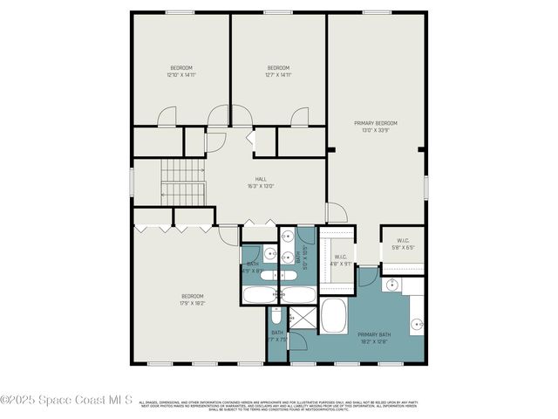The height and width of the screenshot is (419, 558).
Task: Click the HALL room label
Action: (x=261, y=182)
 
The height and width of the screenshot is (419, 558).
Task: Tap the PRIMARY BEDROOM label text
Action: (x=375, y=127)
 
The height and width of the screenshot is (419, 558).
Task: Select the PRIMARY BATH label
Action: (x=374, y=337)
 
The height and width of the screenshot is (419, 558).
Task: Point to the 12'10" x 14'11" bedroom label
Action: (x=180, y=72)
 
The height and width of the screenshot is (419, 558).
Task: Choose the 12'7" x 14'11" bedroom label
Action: (x=278, y=72)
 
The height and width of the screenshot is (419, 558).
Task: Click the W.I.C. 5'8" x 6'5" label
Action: (x=403, y=244)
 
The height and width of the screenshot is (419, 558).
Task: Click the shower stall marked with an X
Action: (x=301, y=319)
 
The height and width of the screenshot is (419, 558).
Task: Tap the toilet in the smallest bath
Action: (x=276, y=314)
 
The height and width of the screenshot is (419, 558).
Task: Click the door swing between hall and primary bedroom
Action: (x=336, y=212)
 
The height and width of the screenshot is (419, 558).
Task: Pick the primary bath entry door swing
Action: (x=369, y=276)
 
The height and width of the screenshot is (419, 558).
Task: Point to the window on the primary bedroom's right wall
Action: (x=425, y=187)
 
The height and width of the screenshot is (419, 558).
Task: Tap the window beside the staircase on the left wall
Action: (x=132, y=181)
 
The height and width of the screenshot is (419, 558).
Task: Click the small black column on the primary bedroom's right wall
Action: (x=420, y=150)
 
